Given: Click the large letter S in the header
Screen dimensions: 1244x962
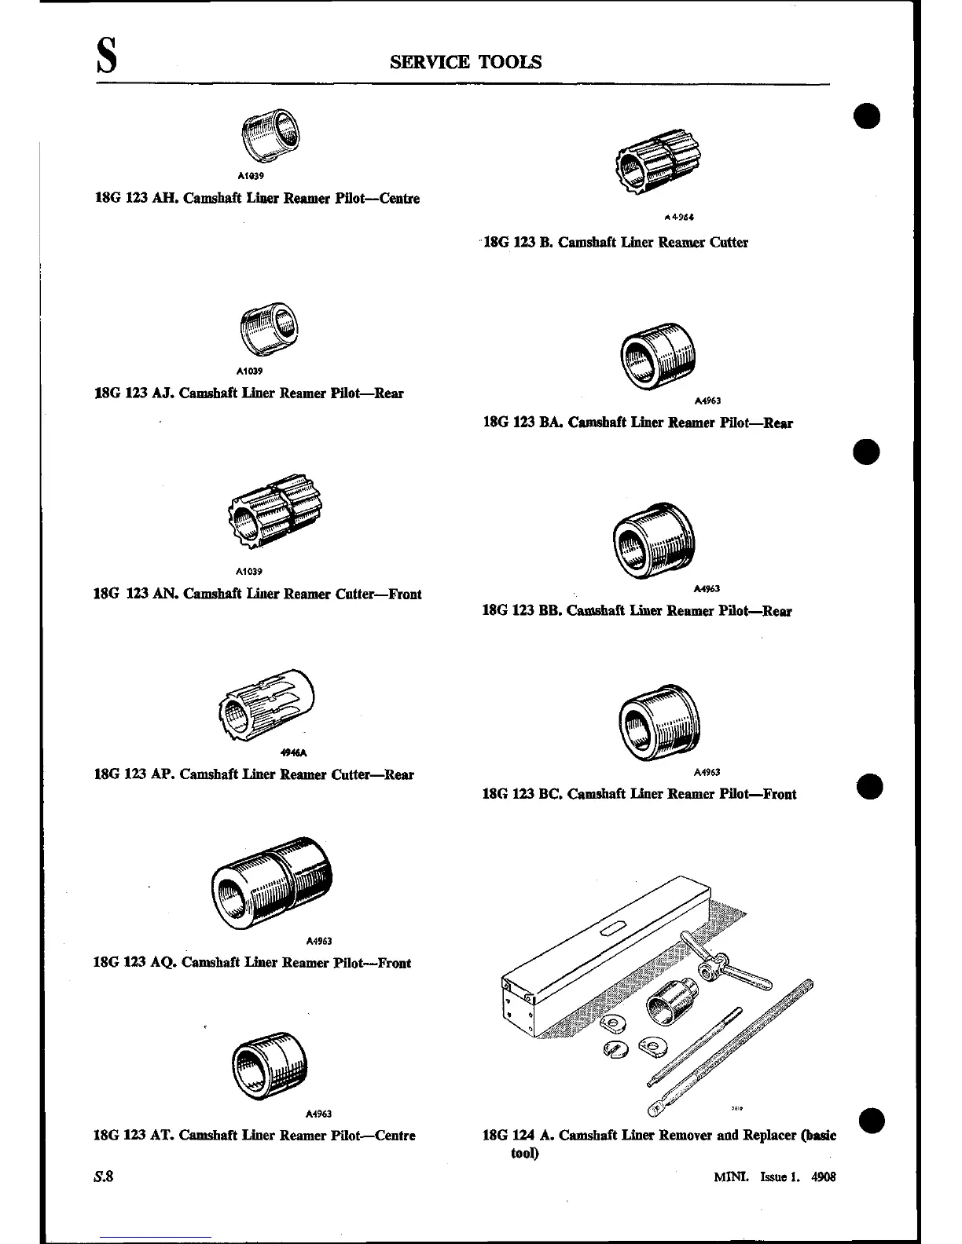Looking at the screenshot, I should [107, 59].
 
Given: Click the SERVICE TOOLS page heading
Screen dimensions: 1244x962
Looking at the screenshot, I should [465, 62].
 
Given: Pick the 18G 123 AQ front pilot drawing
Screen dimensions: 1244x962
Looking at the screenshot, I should [272, 882].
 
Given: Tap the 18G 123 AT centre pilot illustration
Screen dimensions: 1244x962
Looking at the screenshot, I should [270, 1066].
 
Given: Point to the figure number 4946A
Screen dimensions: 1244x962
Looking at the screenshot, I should [293, 752].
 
